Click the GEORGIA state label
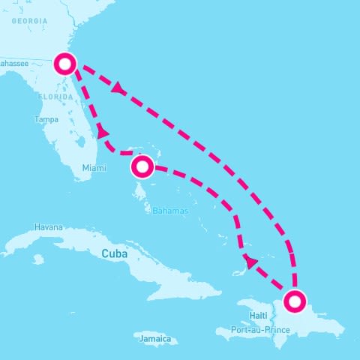[x=28, y=21]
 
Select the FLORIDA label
[x=56, y=97]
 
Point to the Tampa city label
[x=46, y=119]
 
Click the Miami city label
[x=89, y=167]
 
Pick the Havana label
[x=49, y=227]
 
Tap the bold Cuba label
[x=115, y=254]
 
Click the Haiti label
[x=259, y=315]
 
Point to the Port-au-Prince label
[x=260, y=328]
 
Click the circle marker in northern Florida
[x=65, y=64]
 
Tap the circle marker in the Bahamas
[x=142, y=165]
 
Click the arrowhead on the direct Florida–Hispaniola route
[x=118, y=89]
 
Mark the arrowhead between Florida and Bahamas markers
[x=103, y=133]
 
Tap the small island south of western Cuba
[x=37, y=259]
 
